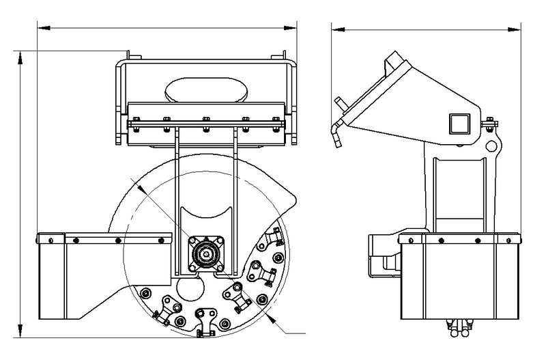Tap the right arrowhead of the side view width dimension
click(519, 29)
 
